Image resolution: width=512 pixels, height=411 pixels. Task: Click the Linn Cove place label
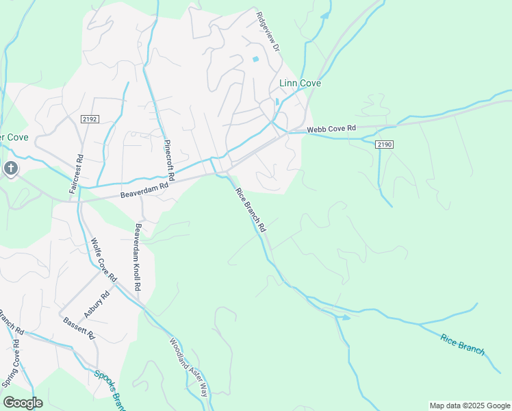tap(300, 84)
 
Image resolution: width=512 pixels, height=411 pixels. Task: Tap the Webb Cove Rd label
tap(332, 128)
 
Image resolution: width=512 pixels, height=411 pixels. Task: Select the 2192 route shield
tap(90, 119)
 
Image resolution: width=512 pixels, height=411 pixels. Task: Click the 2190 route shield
tap(385, 144)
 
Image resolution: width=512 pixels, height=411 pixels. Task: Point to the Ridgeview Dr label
tap(268, 32)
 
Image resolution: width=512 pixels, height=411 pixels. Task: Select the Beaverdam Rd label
tap(144, 190)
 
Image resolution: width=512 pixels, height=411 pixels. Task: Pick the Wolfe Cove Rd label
tap(103, 260)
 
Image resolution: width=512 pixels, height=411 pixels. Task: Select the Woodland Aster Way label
tap(188, 368)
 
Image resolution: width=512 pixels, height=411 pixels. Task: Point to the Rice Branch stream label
tap(463, 345)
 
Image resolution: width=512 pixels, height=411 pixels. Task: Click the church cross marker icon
tap(11, 169)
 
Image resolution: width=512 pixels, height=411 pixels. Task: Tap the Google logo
tap(23, 403)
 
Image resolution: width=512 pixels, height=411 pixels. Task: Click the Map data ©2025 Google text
tap(470, 406)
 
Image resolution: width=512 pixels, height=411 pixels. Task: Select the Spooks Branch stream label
tap(110, 388)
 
